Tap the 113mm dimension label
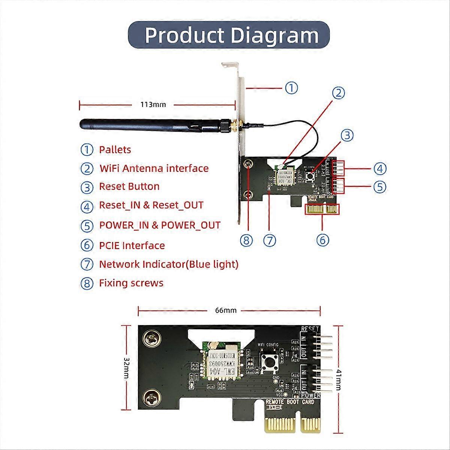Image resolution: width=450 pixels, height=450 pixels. tap(153, 104)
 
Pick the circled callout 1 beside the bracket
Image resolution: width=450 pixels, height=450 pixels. tap(291, 88)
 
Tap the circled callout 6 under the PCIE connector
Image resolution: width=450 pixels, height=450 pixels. tap(323, 240)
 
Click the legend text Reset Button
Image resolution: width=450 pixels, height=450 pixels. tap(129, 186)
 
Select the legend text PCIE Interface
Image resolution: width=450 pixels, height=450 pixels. tap(132, 246)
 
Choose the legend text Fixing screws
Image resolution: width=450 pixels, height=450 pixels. tap(131, 283)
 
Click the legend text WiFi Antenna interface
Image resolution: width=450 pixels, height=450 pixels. tap(154, 168)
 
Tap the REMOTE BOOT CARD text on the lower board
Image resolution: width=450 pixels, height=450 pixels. tap(289, 402)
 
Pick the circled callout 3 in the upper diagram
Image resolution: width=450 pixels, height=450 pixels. tap(347, 135)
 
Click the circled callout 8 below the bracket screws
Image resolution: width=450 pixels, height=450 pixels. tap(246, 240)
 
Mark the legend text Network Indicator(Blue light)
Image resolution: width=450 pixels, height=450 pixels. tap(168, 264)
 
